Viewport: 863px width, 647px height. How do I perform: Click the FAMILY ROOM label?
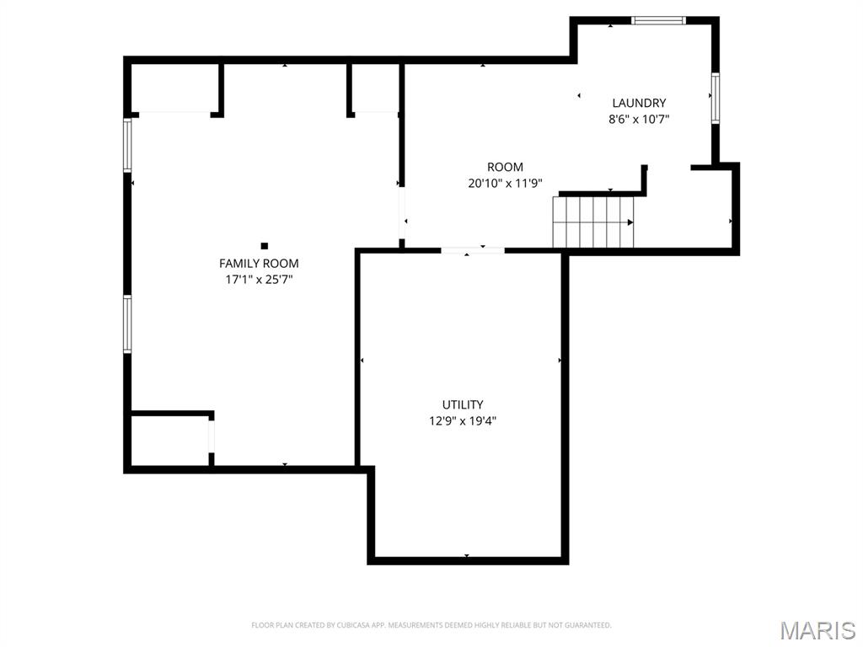pyautogui.click(x=259, y=264)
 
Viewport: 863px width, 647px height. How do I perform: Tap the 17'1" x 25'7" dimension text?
pyautogui.click(x=259, y=279)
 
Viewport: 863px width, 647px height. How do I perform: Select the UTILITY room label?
pyautogui.click(x=463, y=405)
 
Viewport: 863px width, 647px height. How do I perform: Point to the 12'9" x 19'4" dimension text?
pyautogui.click(x=463, y=420)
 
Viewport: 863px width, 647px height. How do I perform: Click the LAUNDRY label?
pyautogui.click(x=639, y=104)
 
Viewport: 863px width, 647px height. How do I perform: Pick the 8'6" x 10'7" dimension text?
pyautogui.click(x=639, y=120)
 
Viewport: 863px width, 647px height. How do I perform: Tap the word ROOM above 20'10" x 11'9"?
pyautogui.click(x=505, y=167)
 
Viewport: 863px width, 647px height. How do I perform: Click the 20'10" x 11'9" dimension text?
pyautogui.click(x=505, y=183)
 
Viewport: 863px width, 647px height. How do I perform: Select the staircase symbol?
pyautogui.click(x=593, y=222)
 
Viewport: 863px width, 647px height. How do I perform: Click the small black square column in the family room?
pyautogui.click(x=265, y=246)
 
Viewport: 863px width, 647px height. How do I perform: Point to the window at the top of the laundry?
pyautogui.click(x=659, y=20)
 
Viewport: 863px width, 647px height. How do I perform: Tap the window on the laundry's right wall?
pyautogui.click(x=715, y=98)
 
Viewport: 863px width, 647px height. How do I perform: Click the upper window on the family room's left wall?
pyautogui.click(x=128, y=145)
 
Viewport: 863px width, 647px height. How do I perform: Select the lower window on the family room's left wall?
pyautogui.click(x=128, y=323)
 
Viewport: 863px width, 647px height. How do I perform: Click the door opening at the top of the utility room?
pyautogui.click(x=473, y=250)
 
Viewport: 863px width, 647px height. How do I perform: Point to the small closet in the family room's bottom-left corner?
pyautogui.click(x=170, y=439)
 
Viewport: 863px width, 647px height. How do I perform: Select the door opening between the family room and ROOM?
pyautogui.click(x=402, y=212)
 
